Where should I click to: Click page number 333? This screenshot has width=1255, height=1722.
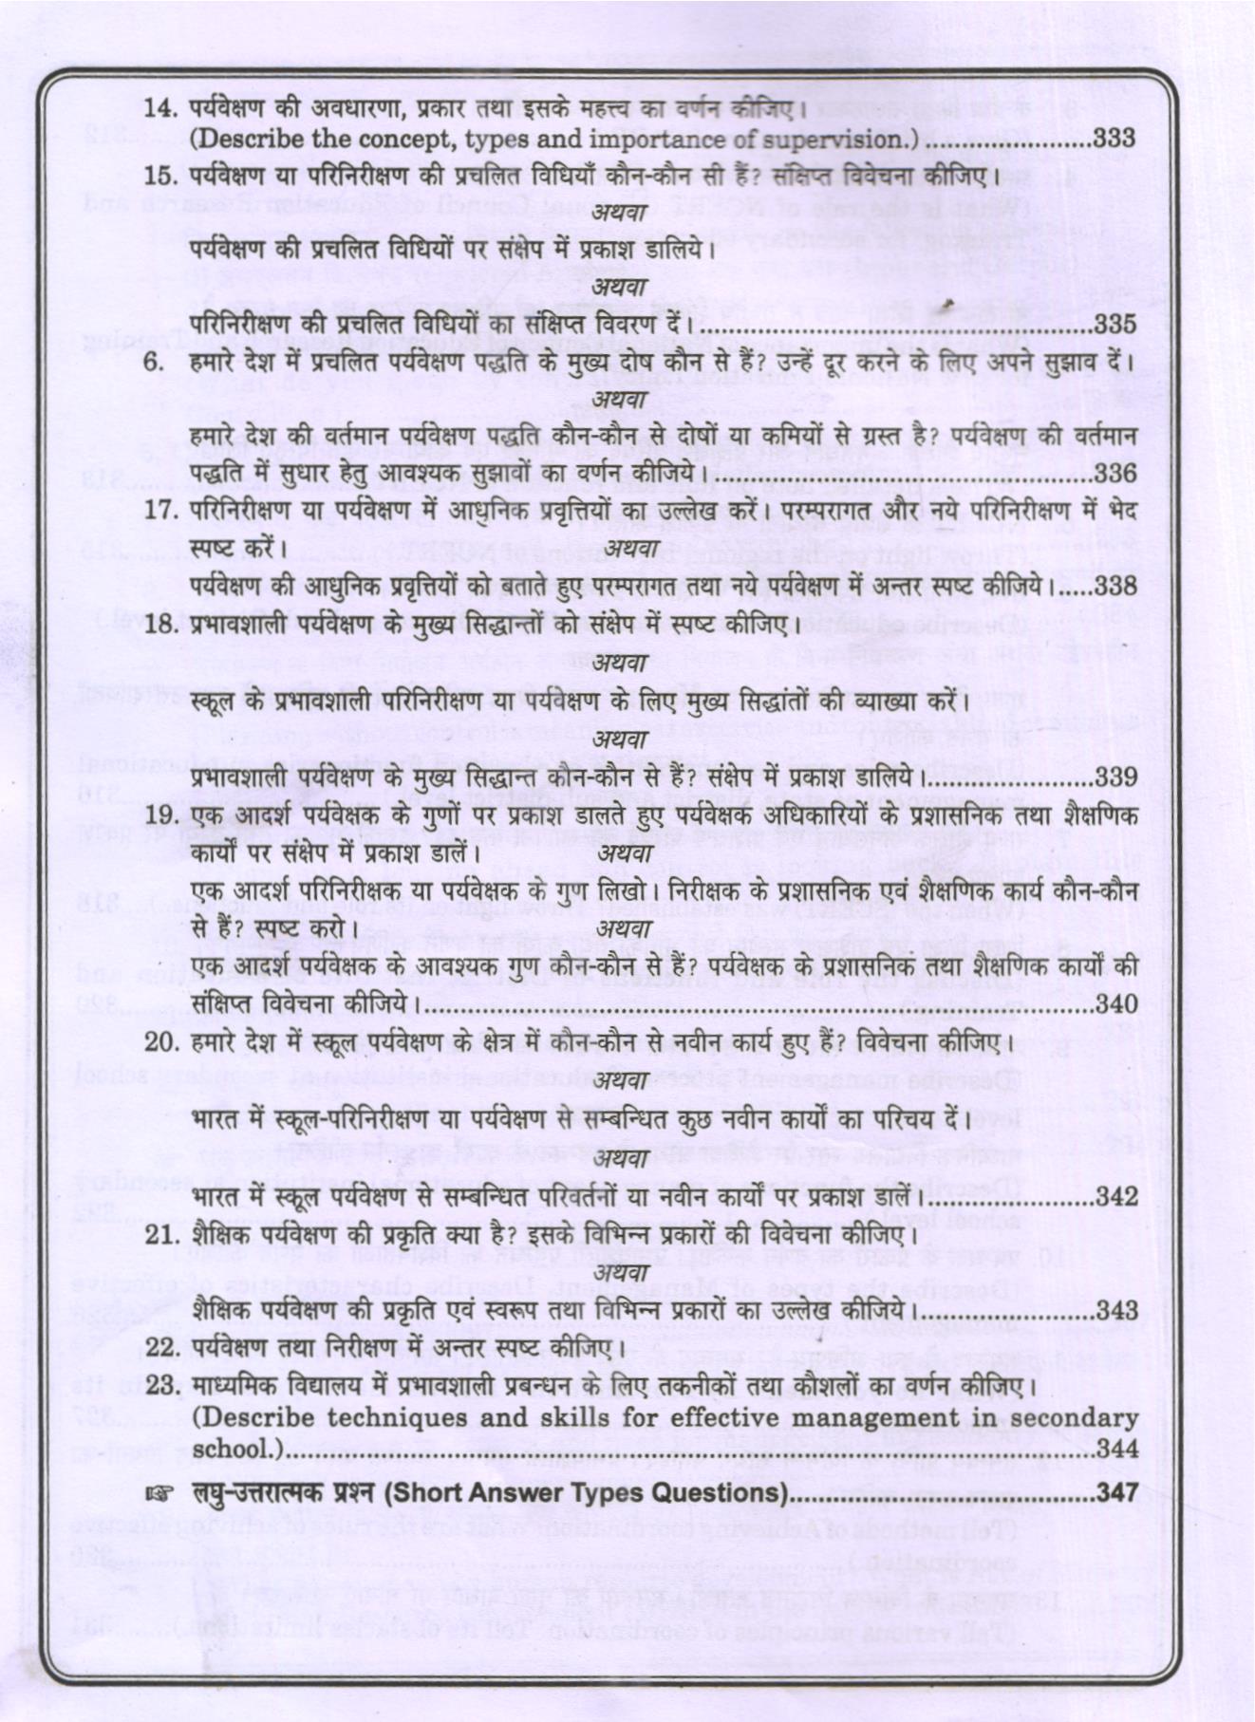1114,139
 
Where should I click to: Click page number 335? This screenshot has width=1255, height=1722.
1115,324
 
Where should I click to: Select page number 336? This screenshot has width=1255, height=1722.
1115,472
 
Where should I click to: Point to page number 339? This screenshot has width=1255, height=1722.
1115,777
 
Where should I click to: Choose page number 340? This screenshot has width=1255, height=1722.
1115,1002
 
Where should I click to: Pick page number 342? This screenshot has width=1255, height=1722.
1116,1195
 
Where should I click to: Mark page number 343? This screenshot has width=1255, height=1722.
1116,1309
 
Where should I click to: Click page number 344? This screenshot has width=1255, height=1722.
1116,1449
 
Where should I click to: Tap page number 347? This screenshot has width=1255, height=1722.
1116,1492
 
